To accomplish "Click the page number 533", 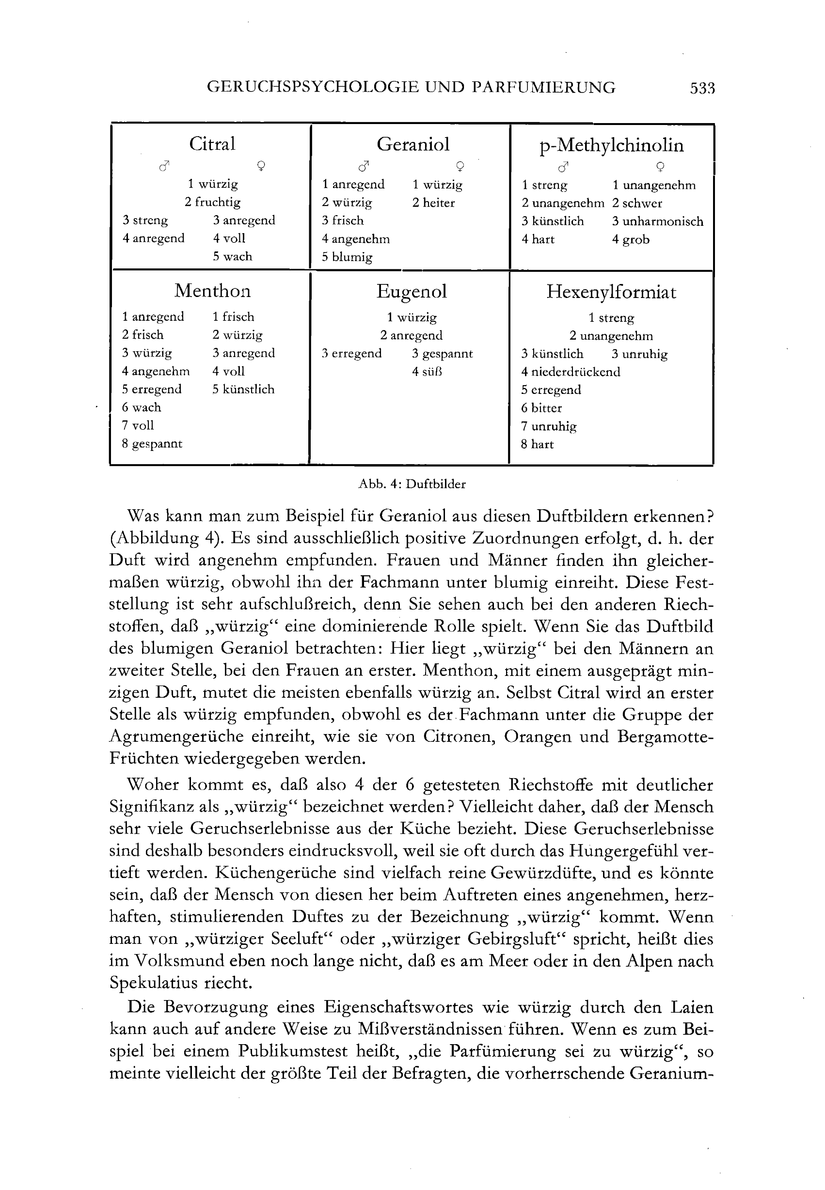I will point(702,88).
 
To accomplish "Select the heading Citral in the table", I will point(212,143).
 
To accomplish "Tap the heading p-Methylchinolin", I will point(611,145).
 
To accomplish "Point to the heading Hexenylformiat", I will point(611,293).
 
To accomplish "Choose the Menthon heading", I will point(212,291).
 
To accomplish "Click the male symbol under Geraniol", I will point(365,166).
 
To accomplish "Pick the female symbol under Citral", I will point(262,166).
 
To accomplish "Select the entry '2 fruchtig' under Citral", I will point(212,202).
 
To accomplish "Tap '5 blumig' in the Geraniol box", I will point(347,257).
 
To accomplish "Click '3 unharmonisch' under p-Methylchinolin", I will point(657,221).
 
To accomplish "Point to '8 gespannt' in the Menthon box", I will point(152,443).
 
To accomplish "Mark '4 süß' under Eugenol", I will point(427,372).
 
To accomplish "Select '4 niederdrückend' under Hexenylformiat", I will point(570,372).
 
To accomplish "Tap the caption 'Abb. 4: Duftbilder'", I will point(412,484).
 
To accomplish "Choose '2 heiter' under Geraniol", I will point(433,203).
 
